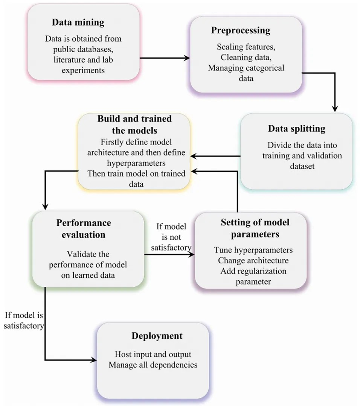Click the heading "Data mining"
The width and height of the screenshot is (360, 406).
pos(78,23)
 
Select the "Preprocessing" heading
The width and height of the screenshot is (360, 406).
pos(241,30)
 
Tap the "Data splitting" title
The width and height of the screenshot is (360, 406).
pos(296,129)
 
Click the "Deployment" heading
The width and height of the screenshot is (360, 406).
pos(157,336)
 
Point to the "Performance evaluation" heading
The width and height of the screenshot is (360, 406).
pos(84,229)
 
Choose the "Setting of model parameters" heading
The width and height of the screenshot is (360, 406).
pos(255,228)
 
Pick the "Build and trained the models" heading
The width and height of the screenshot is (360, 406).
pos(134,125)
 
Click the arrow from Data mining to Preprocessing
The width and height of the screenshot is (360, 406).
pos(165,58)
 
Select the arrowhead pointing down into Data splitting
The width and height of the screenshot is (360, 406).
pos(335,109)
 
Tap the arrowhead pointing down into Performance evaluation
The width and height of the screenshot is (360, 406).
pos(45,206)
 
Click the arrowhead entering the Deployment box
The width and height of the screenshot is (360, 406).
pos(93,360)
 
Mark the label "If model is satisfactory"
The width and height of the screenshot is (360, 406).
pos(24,320)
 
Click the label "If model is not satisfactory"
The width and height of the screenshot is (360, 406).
pos(171,237)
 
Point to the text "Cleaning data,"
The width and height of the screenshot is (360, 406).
pos(246,57)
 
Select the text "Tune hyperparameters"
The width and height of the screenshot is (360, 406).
pos(253,250)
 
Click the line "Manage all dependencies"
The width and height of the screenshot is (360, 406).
pos(153,365)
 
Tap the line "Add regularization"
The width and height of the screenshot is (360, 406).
pos(253,271)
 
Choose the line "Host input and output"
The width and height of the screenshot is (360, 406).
pos(153,354)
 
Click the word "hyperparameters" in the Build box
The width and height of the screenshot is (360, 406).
pos(136,163)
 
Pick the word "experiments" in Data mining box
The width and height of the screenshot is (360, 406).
pos(83,70)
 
